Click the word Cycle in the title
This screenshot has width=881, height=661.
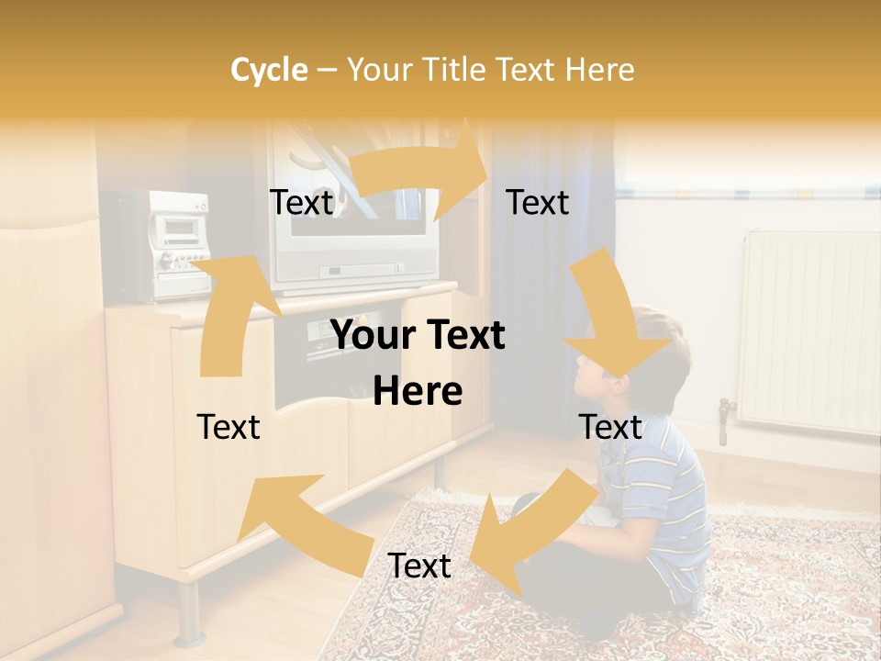coord(269,70)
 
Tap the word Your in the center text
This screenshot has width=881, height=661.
coord(372,336)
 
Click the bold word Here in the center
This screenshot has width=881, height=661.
coord(418,392)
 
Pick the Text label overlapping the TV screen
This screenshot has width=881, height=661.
coord(301,203)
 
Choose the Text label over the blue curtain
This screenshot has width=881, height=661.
coord(538,203)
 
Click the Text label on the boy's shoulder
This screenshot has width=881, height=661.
coord(610,427)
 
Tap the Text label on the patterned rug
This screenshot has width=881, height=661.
coord(419,566)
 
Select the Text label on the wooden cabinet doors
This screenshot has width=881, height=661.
coord(229,427)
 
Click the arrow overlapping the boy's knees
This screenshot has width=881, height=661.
coord(528,523)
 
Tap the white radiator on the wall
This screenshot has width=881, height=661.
coord(808,330)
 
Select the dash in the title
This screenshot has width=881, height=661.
coord(327,70)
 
